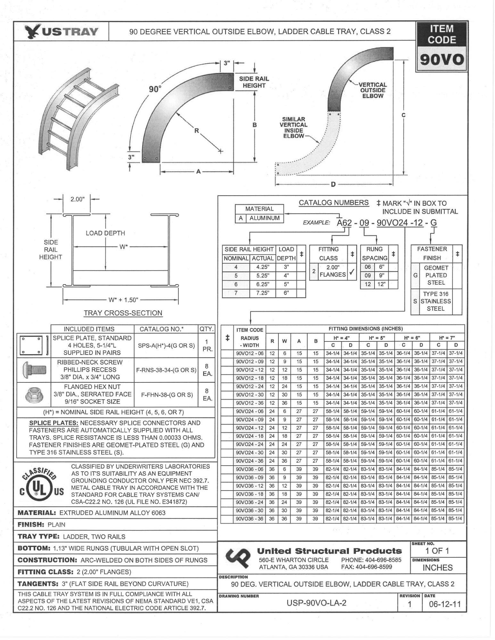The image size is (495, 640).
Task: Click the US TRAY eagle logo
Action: [61, 31]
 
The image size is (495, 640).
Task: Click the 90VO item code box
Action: [441, 59]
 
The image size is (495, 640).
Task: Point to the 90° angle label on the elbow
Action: [155, 89]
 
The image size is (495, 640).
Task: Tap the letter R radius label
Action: [196, 131]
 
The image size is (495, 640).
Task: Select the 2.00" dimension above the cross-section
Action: [77, 199]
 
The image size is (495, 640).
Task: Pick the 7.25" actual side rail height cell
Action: [262, 293]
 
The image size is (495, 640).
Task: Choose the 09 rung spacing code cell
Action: [367, 276]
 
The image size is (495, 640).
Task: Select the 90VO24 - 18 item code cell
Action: [250, 436]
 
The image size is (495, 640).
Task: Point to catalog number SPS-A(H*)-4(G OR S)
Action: [166, 346]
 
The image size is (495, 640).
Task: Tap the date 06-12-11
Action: [444, 604]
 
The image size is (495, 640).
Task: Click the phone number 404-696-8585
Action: [371, 560]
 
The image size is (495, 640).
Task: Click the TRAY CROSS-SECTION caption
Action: [123, 313]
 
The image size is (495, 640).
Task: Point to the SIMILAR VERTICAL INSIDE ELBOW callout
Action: [293, 127]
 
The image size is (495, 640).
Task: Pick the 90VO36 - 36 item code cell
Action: [250, 519]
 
